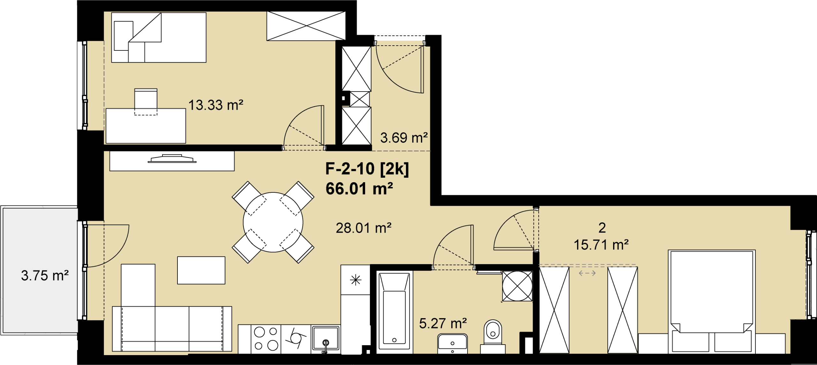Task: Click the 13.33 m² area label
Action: pyautogui.click(x=216, y=105)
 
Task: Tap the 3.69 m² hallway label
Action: pyautogui.click(x=404, y=138)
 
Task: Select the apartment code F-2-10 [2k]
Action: pyautogui.click(x=367, y=169)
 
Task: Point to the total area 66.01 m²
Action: pyautogui.click(x=359, y=189)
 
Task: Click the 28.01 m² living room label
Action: pyautogui.click(x=364, y=228)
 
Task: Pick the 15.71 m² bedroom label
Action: pyautogui.click(x=601, y=245)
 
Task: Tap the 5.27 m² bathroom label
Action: pyautogui.click(x=443, y=324)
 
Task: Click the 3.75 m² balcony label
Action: pyautogui.click(x=45, y=276)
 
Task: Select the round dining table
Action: pyautogui.click(x=273, y=222)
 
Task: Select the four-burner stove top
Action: pyautogui.click(x=266, y=339)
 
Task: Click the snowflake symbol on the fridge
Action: pyautogui.click(x=356, y=280)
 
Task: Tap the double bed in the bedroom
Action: pyautogui.click(x=712, y=302)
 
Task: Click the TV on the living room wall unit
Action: pyautogui.click(x=172, y=159)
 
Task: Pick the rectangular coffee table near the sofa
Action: pyautogui.click(x=201, y=270)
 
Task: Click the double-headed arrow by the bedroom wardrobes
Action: pyautogui.click(x=587, y=273)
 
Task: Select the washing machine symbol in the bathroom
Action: pyautogui.click(x=517, y=286)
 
